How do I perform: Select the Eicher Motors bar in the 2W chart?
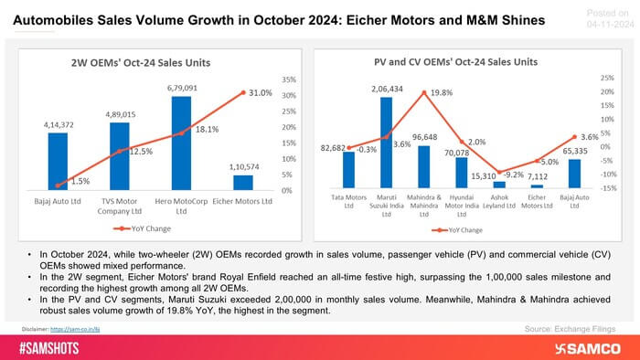pyautogui.click(x=244, y=182)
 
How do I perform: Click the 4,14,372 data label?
pyautogui.click(x=58, y=123)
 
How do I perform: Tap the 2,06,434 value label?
pyautogui.click(x=385, y=87)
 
